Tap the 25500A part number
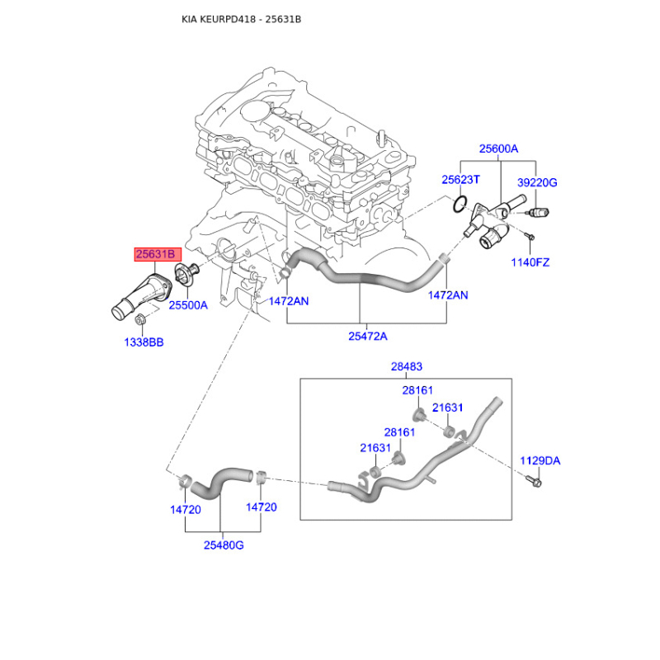point(188,304)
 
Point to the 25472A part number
point(367,336)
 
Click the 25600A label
point(498,149)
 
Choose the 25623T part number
point(460,179)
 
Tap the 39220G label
point(537,182)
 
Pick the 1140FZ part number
point(530,262)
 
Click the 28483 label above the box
point(406,366)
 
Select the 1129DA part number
point(540,460)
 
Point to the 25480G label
point(223,545)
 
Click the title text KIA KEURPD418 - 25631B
point(241,19)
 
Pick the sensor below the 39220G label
point(537,213)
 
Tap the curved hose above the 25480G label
point(221,480)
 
